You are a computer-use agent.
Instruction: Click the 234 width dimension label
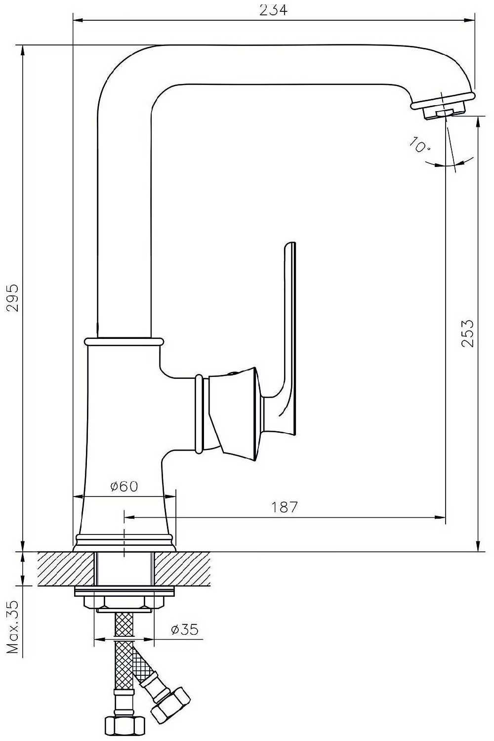click(273, 10)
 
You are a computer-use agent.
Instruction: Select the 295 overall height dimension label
click(13, 298)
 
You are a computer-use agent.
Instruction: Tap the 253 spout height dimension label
click(467, 333)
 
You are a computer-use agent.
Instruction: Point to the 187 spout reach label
click(285, 506)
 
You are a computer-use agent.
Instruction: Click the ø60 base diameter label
click(124, 486)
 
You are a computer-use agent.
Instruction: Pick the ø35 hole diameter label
click(185, 629)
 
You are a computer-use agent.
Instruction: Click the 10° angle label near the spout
click(419, 145)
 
